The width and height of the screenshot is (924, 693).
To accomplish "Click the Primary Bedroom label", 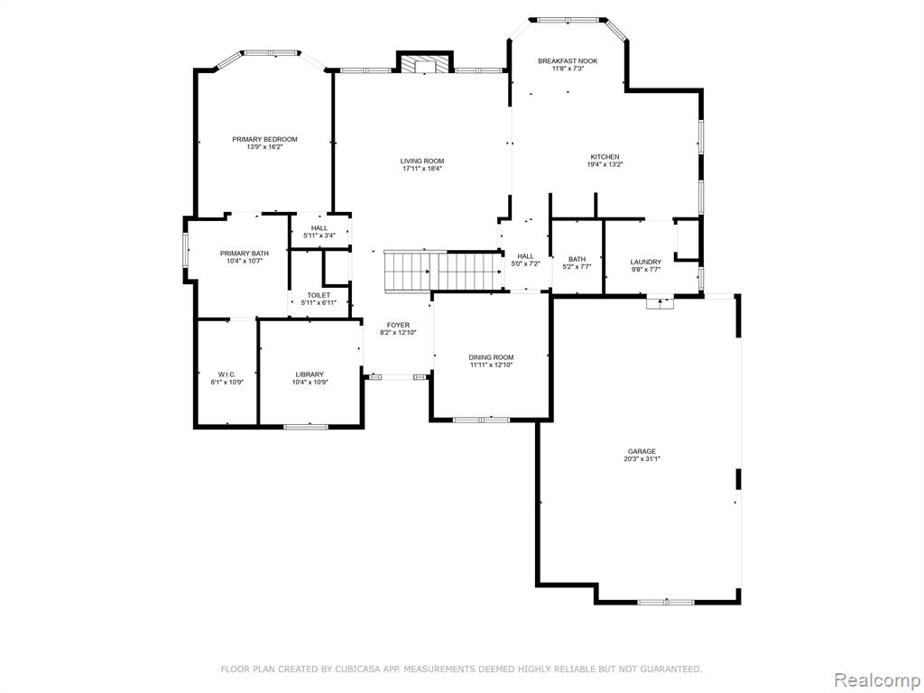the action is coord(264,139).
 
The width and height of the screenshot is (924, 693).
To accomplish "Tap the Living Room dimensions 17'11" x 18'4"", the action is coord(422,169).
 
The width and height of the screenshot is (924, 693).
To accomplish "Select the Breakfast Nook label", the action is coord(568,60).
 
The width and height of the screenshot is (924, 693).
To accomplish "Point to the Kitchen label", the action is coord(605,157).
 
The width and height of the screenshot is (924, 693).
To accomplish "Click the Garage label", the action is coord(642,451).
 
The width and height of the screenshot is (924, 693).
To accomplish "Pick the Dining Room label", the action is coord(492,357).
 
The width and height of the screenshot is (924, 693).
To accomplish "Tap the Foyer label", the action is coord(398,325).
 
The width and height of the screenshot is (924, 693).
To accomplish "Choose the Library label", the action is coord(310,374).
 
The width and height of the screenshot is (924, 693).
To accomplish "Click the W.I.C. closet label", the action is coord(226,374).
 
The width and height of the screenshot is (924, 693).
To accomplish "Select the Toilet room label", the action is coord(319,295).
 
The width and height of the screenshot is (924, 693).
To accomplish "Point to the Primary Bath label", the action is coord(245,254).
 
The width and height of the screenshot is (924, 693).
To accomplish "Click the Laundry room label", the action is coord(646,263).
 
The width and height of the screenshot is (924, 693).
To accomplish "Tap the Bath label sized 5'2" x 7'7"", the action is coord(577,259).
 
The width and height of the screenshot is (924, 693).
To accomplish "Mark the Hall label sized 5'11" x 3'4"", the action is coord(319,228).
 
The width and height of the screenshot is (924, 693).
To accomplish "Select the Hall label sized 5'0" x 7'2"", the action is coord(526,256).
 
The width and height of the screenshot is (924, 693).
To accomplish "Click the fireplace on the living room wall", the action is coord(425,62).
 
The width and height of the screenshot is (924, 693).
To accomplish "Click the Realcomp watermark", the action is coord(875,680).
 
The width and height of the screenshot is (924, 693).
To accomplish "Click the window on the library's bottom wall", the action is coord(306,426).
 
